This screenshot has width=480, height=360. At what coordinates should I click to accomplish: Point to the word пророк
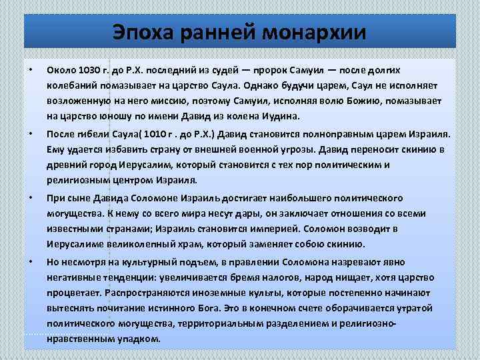(273, 70)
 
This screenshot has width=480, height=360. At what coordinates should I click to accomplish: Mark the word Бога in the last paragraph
(214, 308)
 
